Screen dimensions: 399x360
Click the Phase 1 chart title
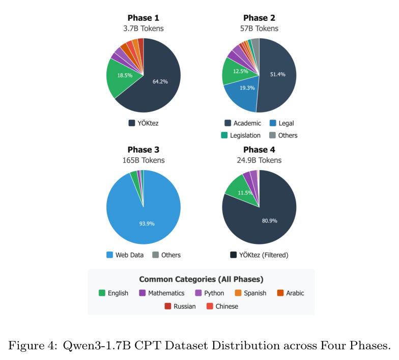pos(144,18)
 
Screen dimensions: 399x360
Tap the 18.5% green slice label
pos(125,75)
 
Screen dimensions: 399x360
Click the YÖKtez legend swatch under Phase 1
pos(131,123)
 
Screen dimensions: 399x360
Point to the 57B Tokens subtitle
pos(259,29)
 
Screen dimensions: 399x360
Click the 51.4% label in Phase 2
pos(278,74)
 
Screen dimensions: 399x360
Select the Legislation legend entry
pos(241,135)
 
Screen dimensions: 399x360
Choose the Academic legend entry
pos(243,123)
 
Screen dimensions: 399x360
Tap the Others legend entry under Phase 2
pos(283,135)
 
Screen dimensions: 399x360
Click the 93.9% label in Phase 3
pos(147,224)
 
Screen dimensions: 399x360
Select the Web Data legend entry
pos(125,255)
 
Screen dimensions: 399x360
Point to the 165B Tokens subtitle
pos(144,160)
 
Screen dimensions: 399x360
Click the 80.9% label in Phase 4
pos(270,221)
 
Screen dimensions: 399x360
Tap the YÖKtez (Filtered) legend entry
pos(259,255)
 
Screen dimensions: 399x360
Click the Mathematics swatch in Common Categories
pos(142,293)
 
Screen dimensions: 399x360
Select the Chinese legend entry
pos(222,306)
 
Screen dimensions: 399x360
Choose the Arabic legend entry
pos(290,293)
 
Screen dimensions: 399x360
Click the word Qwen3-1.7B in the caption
pos(97,346)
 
